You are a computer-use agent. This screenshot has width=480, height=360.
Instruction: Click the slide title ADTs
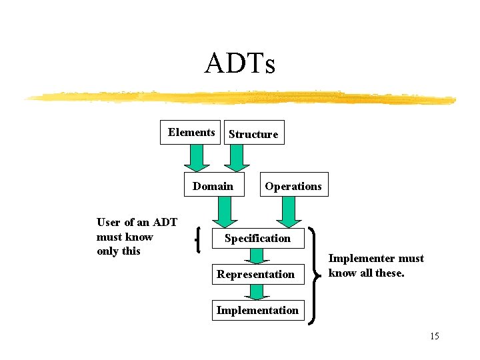pos(239,63)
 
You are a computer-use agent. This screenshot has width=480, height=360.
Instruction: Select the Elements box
pos(191,132)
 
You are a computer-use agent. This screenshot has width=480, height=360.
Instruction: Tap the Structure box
pos(253,133)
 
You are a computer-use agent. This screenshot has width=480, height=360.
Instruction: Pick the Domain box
pos(213,186)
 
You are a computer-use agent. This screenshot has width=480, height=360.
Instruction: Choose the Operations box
pos(293,186)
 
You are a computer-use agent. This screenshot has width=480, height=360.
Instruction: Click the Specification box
pos(257,238)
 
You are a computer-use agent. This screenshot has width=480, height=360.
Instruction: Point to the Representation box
pos(255,274)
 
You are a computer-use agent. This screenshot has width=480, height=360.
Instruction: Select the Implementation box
pos(257,310)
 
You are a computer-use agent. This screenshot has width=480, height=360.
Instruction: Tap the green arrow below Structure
pos(237,157)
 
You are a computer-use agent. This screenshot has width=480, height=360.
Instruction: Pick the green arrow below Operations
pos(289,212)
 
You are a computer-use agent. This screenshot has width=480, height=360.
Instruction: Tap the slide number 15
pos(435,336)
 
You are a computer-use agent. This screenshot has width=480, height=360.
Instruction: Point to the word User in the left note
pos(109,222)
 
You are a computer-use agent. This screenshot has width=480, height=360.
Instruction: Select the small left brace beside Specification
pos(201,239)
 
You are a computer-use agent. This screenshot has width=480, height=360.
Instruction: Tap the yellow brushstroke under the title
pos(240,97)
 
